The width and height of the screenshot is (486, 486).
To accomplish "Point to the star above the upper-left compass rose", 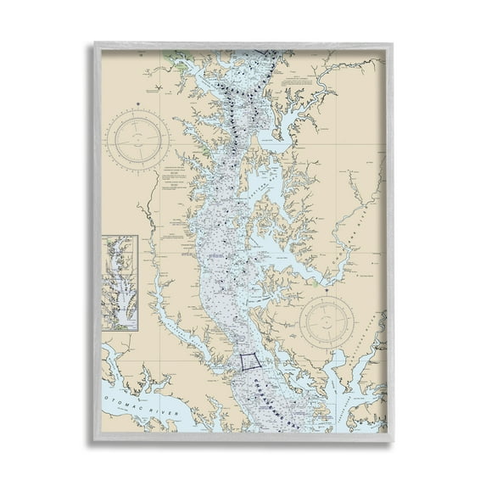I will coord(137,103).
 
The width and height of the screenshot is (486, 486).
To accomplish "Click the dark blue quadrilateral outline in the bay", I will coord(249,360).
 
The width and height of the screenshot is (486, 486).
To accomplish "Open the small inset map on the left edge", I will coord(120,282).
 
